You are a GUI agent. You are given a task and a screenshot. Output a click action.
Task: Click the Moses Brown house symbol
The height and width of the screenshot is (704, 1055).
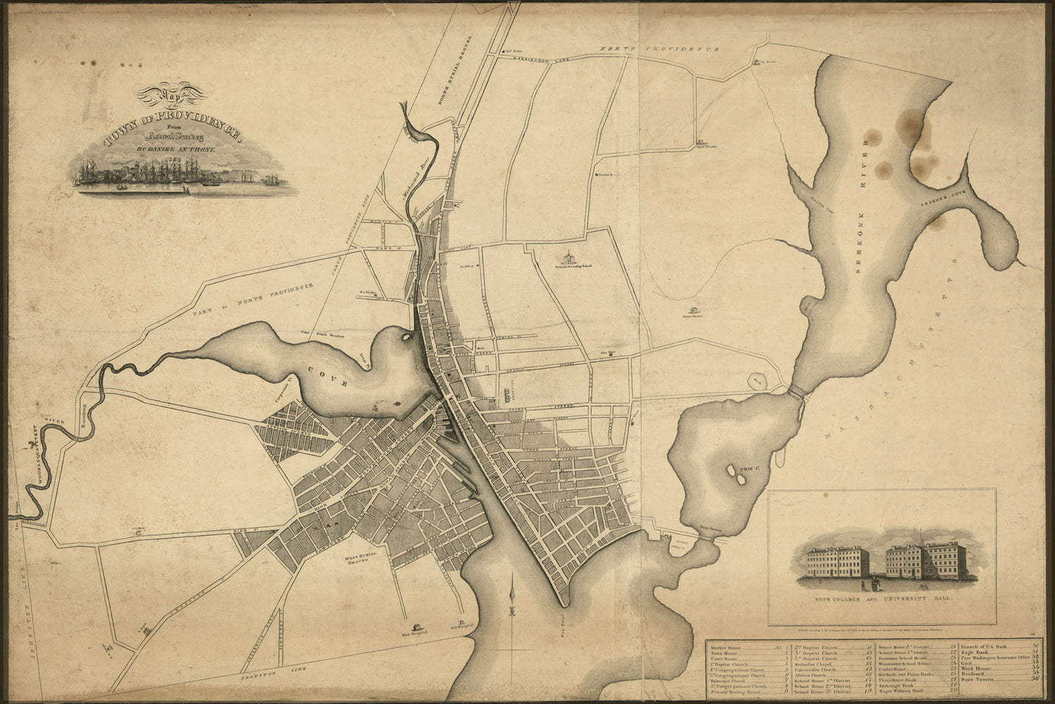[693, 310]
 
